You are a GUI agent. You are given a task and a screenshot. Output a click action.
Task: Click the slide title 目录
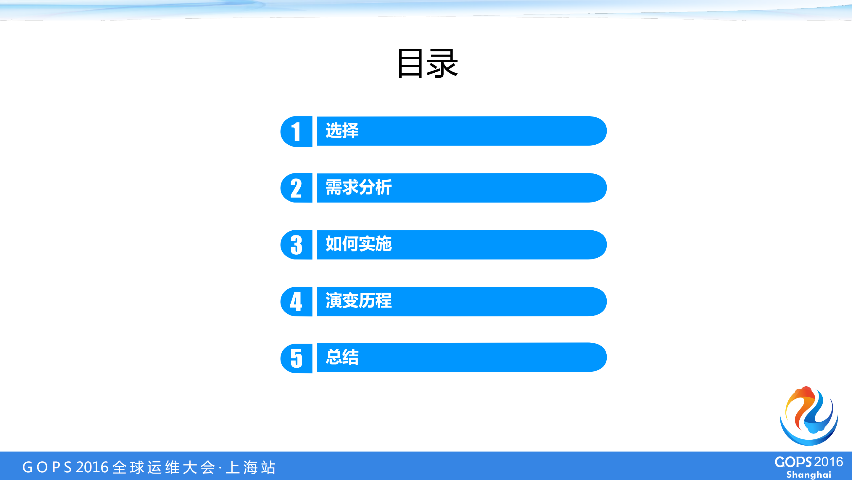[427, 63]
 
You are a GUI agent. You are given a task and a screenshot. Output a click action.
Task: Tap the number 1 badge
[296, 132]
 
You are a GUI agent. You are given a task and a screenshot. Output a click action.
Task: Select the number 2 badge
[296, 188]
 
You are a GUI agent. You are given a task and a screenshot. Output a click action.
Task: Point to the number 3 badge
[296, 245]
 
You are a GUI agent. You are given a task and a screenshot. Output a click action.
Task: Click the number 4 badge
[296, 302]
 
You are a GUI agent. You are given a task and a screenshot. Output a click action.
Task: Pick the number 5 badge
[296, 358]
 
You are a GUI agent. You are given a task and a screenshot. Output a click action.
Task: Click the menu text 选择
[342, 130]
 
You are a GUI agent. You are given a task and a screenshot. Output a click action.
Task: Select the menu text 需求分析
[359, 187]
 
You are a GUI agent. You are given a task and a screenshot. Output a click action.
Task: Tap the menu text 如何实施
[359, 244]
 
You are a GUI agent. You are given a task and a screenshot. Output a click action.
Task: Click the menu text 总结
[342, 357]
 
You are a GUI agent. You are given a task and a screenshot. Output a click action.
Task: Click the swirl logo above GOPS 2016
[809, 416]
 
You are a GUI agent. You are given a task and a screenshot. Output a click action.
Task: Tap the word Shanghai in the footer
[809, 475]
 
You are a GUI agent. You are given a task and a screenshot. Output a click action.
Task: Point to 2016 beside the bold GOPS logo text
[829, 462]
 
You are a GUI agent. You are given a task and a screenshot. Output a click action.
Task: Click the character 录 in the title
[442, 63]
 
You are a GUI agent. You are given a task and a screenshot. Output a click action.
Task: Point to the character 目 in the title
[410, 63]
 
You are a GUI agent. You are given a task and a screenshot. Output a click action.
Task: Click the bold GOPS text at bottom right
[793, 462]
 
